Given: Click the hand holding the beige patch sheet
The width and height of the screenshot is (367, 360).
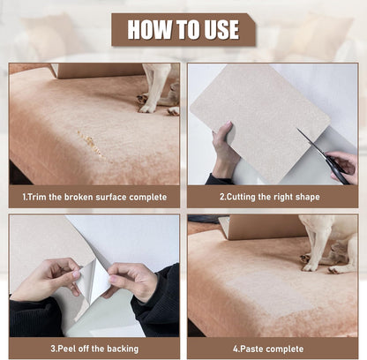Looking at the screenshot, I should coord(225,151).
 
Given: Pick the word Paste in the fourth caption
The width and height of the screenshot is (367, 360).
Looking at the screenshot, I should coord(252,348).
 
